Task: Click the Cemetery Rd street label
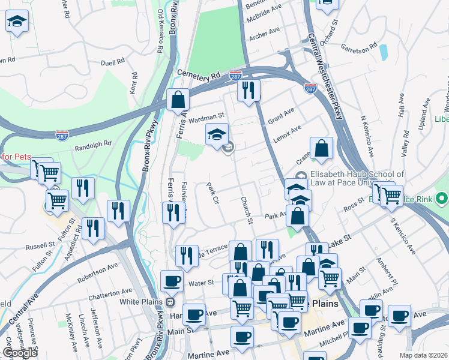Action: pyautogui.click(x=199, y=75)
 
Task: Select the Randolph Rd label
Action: pyautogui.click(x=93, y=144)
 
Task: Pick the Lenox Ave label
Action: pyautogui.click(x=288, y=131)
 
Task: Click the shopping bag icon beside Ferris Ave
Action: pyautogui.click(x=178, y=100)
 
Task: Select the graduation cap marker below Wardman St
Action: pyautogui.click(x=217, y=135)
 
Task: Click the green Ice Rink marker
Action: pyautogui.click(x=442, y=197)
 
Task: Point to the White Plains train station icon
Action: pyautogui.click(x=170, y=301)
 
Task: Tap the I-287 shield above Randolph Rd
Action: pyautogui.click(x=61, y=136)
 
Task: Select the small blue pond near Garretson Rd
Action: pyautogui.click(x=383, y=52)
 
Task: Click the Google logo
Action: pyautogui.click(x=20, y=353)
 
